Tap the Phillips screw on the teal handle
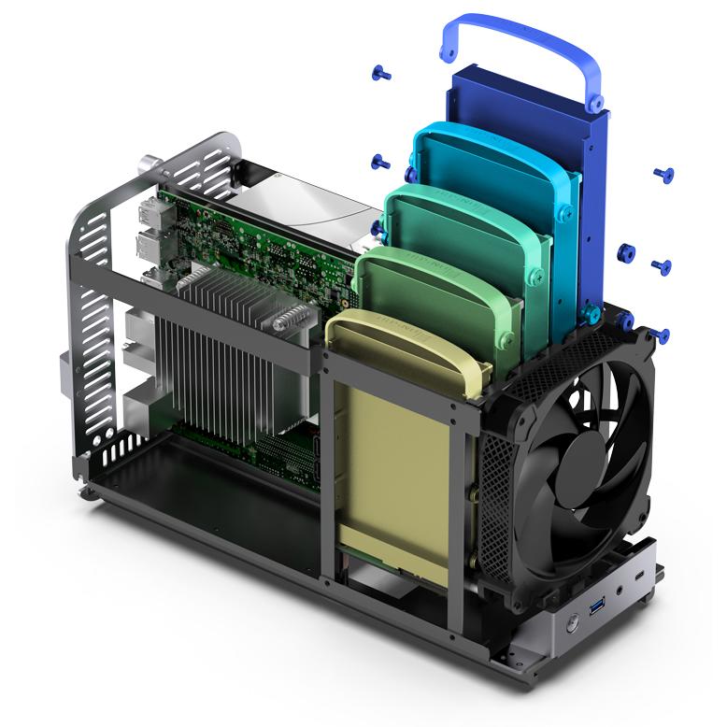[537, 276]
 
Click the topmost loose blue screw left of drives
[381, 72]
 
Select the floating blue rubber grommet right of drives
[627, 252]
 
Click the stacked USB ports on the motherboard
[150, 229]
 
